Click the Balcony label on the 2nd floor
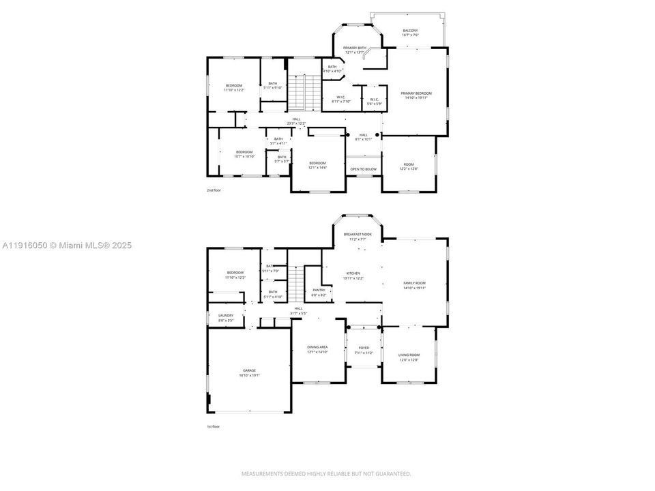[410, 31]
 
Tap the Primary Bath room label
[354, 48]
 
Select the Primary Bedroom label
[416, 93]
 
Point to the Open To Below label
[364, 168]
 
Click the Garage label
[249, 370]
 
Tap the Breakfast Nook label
[358, 234]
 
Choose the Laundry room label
[226, 315]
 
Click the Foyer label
[364, 347]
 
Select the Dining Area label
[319, 347]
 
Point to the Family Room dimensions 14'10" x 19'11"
[415, 288]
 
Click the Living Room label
[409, 355]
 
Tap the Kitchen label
[353, 273]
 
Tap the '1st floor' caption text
[214, 426]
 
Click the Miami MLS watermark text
[66, 245]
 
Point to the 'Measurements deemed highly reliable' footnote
[327, 473]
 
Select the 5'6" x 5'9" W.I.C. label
[374, 101]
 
